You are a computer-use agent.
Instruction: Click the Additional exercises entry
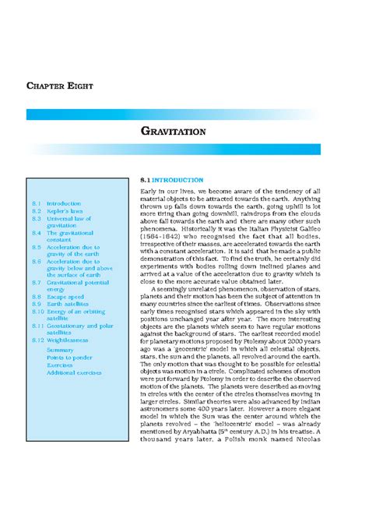coord(74,373)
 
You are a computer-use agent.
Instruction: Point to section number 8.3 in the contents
coord(37,219)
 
